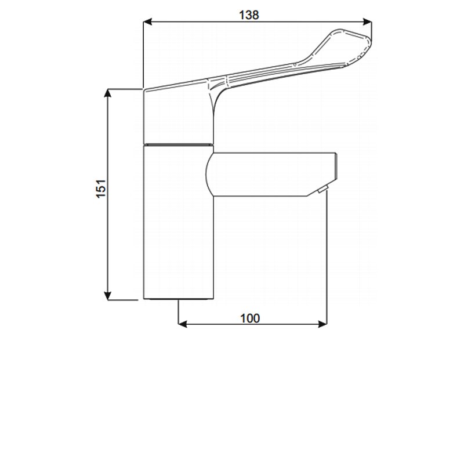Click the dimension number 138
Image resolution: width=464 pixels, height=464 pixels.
point(249,16)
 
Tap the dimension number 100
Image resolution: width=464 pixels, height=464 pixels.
point(249,318)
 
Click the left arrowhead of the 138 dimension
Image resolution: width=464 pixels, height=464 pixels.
point(147,23)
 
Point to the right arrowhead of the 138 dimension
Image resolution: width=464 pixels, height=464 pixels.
point(367,23)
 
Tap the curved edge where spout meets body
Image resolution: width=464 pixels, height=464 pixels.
point(208,173)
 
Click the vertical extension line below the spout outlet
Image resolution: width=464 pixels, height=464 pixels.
point(328,255)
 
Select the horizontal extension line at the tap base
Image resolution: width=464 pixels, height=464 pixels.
point(125,299)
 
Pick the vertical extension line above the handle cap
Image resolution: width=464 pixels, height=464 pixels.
point(143,52)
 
